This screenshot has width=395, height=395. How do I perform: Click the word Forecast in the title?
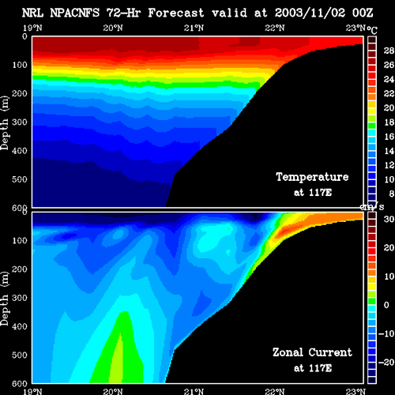tap(176, 13)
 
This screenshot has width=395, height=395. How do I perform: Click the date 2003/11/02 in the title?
tap(310, 13)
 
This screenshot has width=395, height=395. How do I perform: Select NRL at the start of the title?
tap(32, 13)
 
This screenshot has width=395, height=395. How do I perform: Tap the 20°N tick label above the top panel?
tap(113, 28)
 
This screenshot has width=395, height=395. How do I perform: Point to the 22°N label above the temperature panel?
tap(275, 28)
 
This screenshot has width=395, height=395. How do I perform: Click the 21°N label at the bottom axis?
tap(194, 391)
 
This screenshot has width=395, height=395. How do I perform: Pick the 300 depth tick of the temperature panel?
tap(20, 122)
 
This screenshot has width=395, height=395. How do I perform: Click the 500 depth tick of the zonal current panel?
tap(20, 355)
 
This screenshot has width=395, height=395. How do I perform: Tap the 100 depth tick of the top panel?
tap(20, 65)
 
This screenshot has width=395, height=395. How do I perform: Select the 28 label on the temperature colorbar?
tap(389, 51)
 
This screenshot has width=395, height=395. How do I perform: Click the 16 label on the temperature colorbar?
tap(389, 137)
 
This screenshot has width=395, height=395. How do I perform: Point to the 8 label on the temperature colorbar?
tap(391, 194)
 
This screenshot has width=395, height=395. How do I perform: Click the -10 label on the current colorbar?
tap(386, 333)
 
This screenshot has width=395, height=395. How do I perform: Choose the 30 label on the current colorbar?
tap(389, 219)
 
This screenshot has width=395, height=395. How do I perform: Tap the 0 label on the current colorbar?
tap(386, 305)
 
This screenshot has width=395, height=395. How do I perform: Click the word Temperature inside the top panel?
tap(312, 177)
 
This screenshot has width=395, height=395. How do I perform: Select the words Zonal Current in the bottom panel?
tap(312, 352)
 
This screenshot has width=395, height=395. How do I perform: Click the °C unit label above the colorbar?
tap(372, 30)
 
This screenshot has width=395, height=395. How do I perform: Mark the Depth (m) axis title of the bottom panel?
tap(5, 298)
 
